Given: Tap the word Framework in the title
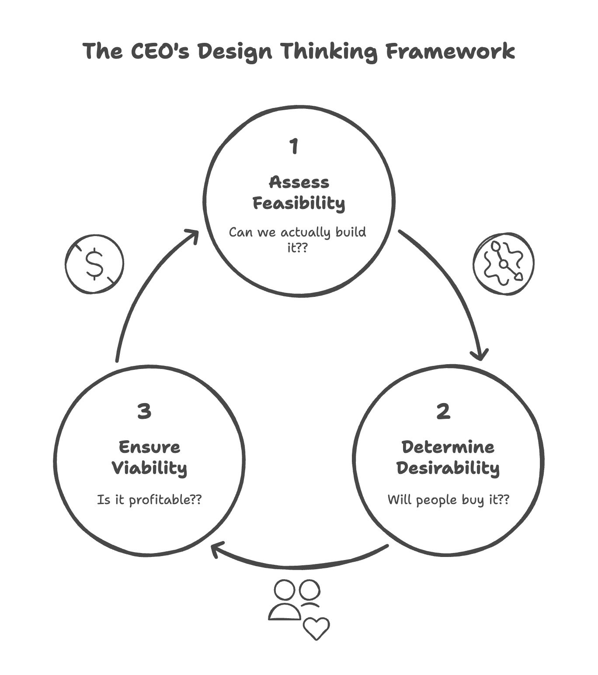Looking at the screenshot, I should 450,51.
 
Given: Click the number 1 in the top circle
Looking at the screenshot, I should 294,146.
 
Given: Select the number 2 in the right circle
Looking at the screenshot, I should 443,411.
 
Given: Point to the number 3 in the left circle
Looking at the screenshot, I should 144,411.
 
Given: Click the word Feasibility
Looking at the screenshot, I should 299,204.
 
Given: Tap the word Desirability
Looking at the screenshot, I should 448,468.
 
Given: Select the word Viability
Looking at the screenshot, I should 149,468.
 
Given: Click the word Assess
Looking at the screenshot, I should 299,182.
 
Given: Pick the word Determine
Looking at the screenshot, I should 448,447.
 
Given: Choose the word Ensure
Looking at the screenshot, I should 149,447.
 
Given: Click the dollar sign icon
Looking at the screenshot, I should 94,264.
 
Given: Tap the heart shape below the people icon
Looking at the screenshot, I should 316,628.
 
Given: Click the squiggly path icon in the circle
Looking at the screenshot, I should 503,264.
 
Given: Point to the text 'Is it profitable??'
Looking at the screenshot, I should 149,499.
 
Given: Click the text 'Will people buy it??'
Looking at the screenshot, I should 448,499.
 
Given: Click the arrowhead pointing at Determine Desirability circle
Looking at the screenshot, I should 481,355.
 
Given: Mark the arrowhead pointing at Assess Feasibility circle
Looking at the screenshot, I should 193,235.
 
